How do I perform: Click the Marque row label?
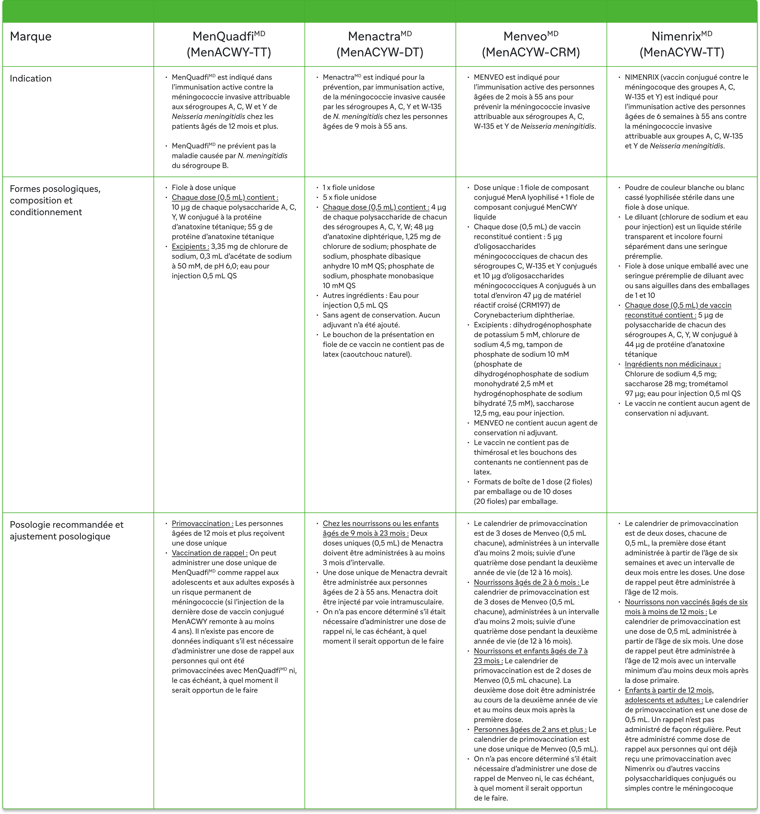[31, 36]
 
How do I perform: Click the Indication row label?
[31, 79]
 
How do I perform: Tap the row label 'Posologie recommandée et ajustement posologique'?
[66, 530]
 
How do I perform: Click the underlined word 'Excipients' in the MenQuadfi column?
[190, 247]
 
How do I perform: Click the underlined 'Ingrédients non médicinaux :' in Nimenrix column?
[672, 364]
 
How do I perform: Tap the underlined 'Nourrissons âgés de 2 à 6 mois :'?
[527, 582]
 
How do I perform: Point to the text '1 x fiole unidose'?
[348, 188]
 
